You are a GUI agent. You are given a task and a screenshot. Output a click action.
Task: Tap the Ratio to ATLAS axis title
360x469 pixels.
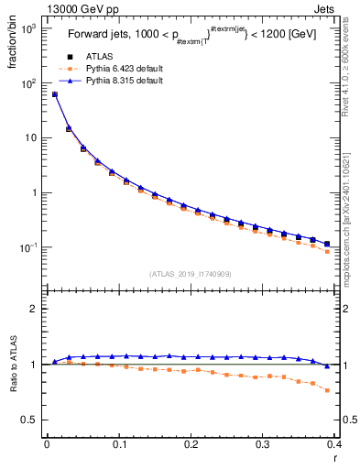click(12, 382)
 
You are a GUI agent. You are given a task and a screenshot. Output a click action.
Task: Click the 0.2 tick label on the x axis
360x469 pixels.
click(191, 445)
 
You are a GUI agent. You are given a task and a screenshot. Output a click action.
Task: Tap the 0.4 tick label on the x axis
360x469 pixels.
click(334, 445)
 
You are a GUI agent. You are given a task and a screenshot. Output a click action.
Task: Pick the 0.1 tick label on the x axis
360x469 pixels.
click(118, 445)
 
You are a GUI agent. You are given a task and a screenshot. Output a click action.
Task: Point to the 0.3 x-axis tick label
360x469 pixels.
click(263, 445)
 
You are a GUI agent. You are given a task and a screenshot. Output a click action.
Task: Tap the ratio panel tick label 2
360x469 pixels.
click(32, 309)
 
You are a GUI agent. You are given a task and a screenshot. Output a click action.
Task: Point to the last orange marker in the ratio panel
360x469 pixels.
click(327, 390)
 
